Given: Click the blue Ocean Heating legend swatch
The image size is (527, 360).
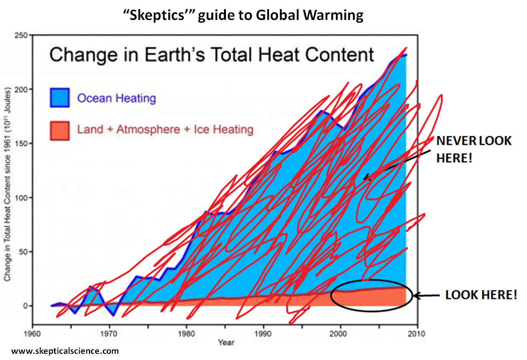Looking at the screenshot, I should (x=59, y=97).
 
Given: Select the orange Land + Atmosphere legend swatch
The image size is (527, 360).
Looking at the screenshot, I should (x=59, y=130).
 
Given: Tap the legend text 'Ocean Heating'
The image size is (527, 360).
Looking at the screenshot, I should (x=117, y=98).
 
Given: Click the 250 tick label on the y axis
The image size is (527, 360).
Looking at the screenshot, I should (x=21, y=36).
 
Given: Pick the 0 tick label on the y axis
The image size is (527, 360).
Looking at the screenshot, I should (x=25, y=306).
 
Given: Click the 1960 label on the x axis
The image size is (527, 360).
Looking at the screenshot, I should (x=32, y=334).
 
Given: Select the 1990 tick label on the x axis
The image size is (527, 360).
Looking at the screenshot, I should (x=263, y=334).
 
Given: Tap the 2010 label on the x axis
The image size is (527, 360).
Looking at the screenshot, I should (x=417, y=334).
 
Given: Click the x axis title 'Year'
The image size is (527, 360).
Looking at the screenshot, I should (x=226, y=342).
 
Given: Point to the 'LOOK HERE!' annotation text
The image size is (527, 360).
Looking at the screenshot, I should (x=481, y=295).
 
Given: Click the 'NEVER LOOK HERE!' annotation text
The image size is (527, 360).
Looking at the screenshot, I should (x=474, y=149).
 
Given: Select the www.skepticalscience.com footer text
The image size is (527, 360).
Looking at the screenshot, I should (x=65, y=351).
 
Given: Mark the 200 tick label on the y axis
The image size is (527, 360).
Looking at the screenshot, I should (x=21, y=90).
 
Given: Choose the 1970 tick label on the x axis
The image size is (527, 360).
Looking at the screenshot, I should (x=109, y=334).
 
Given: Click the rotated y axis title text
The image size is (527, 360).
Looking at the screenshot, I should (x=7, y=184).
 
